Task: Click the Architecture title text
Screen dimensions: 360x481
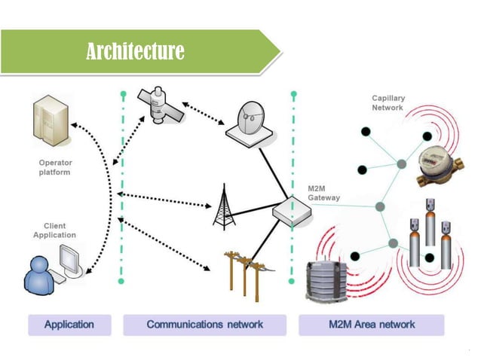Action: pyautogui.click(x=135, y=51)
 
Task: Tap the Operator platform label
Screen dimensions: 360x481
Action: pyautogui.click(x=54, y=167)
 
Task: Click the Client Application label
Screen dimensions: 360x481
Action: pyautogui.click(x=54, y=230)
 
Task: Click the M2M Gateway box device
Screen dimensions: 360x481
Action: pyautogui.click(x=293, y=212)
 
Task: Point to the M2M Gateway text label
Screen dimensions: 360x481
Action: pyautogui.click(x=323, y=193)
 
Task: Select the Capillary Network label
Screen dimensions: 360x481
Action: pyautogui.click(x=388, y=102)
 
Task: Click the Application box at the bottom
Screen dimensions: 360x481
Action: pyautogui.click(x=69, y=325)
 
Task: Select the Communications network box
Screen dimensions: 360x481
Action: pyautogui.click(x=205, y=325)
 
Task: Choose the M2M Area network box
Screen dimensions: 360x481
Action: pyautogui.click(x=371, y=325)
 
